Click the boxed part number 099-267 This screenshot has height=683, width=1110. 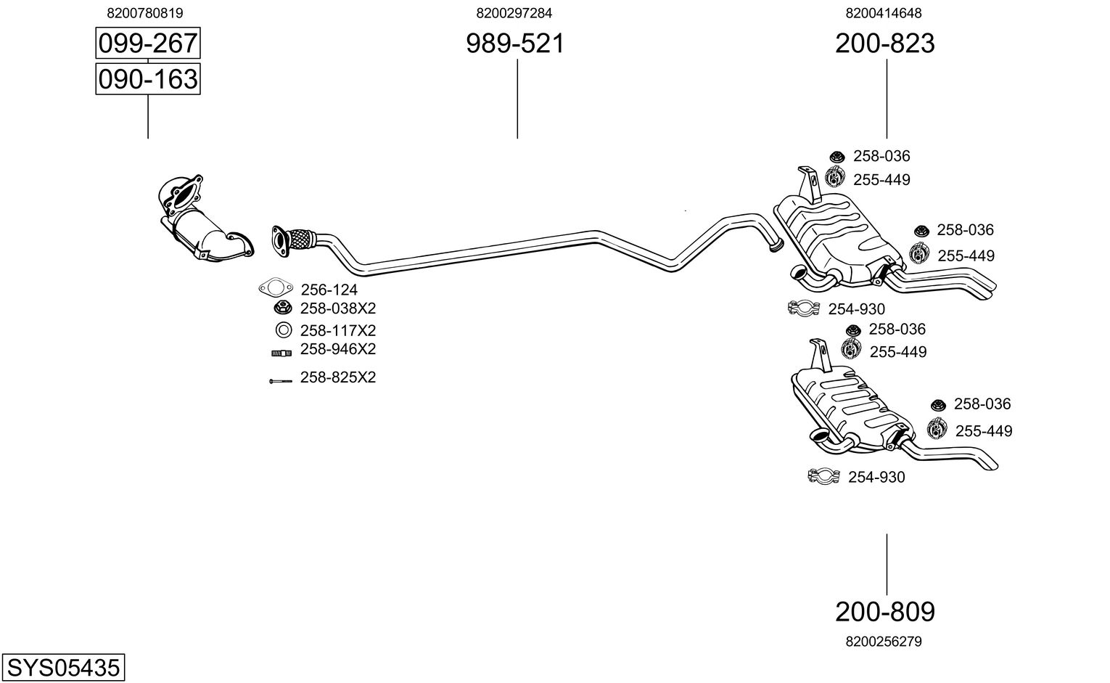pyautogui.click(x=147, y=44)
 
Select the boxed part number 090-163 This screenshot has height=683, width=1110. pyautogui.click(x=147, y=78)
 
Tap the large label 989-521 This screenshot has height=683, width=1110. pyautogui.click(x=514, y=44)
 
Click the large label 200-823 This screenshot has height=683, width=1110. pyautogui.click(x=884, y=44)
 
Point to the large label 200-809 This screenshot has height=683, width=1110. pyautogui.click(x=884, y=612)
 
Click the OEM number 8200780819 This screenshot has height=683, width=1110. pyautogui.click(x=144, y=12)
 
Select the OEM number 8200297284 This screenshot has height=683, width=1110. pyautogui.click(x=514, y=12)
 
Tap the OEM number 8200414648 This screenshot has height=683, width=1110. pyautogui.click(x=883, y=12)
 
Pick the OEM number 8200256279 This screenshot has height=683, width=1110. pyautogui.click(x=883, y=642)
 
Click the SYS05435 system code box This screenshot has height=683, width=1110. pyautogui.click(x=63, y=666)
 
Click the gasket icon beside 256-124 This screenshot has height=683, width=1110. pyautogui.click(x=274, y=288)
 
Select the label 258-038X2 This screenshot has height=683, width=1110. pyautogui.click(x=338, y=308)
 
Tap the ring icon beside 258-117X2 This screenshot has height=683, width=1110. pyautogui.click(x=283, y=330)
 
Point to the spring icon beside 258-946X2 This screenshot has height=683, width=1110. pyautogui.click(x=281, y=353)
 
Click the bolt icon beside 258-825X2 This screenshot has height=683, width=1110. pyautogui.click(x=279, y=380)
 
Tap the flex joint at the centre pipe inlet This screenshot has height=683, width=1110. pyautogui.click(x=300, y=237)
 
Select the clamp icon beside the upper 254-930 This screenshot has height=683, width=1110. pyautogui.click(x=803, y=308)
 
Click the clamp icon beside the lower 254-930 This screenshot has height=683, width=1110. pyautogui.click(x=823, y=476)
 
